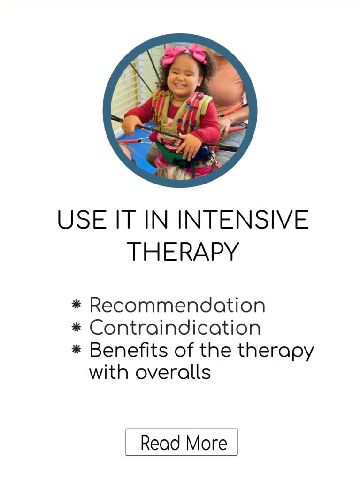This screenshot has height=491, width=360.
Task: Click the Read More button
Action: coord(182,442)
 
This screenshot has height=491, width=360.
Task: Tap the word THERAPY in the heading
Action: coord(183,252)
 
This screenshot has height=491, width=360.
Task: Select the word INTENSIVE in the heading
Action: coord(243,220)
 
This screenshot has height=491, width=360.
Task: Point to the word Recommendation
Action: coord(177,305)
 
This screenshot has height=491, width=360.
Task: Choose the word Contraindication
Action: coord(175,327)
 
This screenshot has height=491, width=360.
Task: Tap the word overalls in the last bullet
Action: coord(173,372)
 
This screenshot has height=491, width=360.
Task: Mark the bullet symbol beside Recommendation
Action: coord(77,304)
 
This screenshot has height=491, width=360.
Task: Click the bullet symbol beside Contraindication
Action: coord(77,327)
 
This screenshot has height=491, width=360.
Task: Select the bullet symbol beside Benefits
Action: coord(77,349)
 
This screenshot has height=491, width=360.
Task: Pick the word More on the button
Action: coord(207,443)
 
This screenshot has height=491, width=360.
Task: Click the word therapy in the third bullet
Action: coord(276,351)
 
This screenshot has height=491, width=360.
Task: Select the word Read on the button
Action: coord(160,443)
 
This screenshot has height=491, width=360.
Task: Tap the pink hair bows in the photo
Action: coord(184,54)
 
